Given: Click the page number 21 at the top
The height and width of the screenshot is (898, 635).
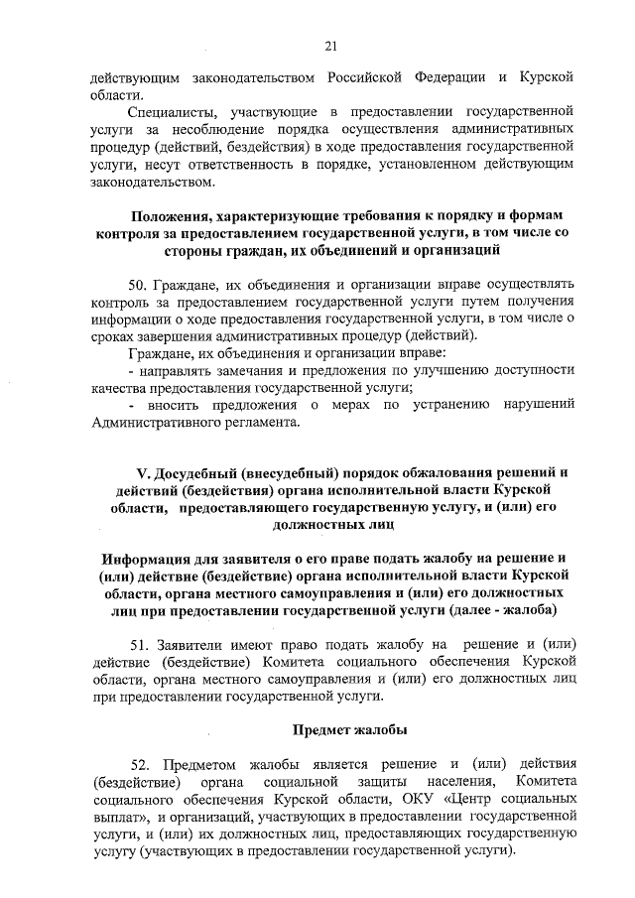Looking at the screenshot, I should point(331,45).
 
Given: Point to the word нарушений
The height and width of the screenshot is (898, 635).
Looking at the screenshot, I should point(536,406).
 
